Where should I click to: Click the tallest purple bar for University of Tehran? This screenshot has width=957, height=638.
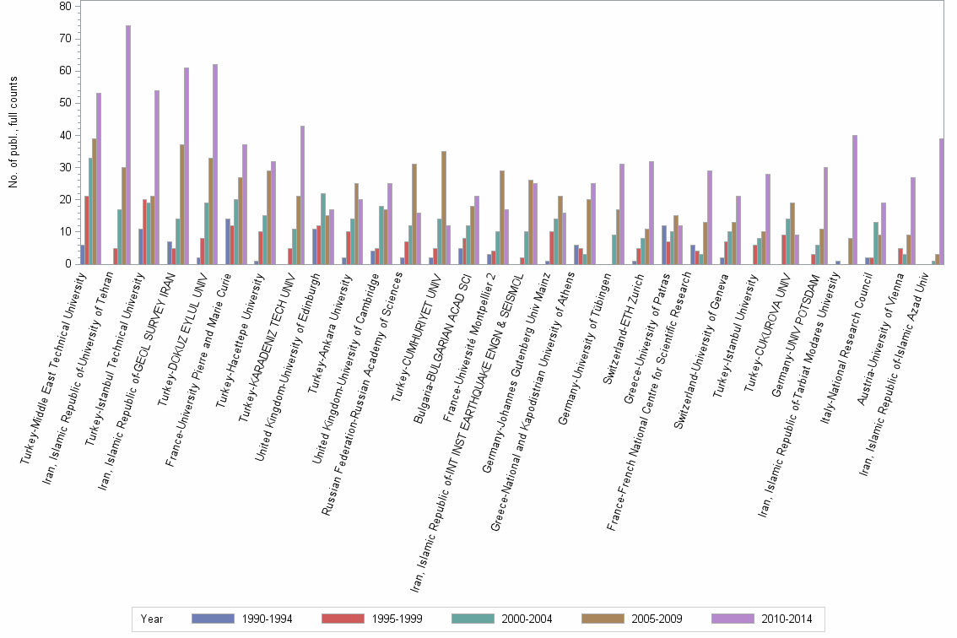pyautogui.click(x=128, y=144)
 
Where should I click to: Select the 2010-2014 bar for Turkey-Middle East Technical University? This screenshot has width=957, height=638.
pyautogui.click(x=99, y=178)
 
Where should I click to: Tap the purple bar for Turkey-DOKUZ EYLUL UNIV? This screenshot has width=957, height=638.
pyautogui.click(x=215, y=164)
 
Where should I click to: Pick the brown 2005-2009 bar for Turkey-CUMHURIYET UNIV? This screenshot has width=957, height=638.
pyautogui.click(x=444, y=208)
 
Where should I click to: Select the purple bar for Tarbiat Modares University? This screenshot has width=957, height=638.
pyautogui.click(x=854, y=199)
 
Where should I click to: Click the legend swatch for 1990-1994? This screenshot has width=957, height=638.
pyautogui.click(x=212, y=619)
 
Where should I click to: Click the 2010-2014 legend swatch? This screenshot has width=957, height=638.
pyautogui.click(x=732, y=619)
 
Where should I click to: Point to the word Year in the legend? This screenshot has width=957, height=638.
pyautogui.click(x=152, y=619)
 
